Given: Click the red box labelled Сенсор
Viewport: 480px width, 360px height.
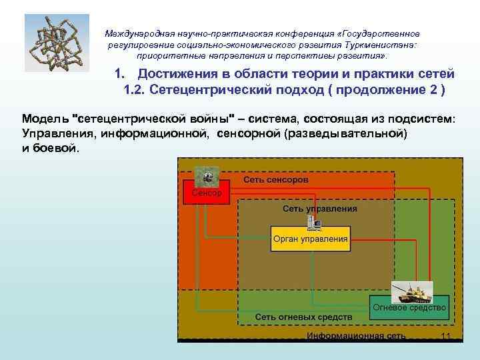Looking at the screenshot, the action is [207, 193].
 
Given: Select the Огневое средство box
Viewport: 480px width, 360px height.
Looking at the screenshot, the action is [409, 308].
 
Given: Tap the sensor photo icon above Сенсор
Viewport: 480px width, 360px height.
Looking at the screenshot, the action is [207, 177].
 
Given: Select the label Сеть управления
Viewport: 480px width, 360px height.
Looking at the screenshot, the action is [320, 208].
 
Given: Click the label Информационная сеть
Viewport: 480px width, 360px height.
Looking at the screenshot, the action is [356, 335].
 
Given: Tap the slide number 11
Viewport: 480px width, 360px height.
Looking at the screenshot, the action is [447, 336].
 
